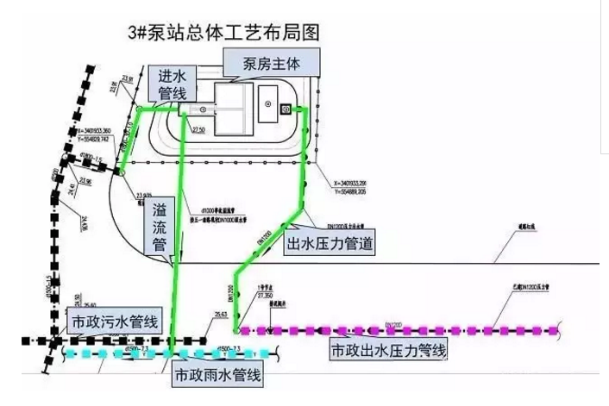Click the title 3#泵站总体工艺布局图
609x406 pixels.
(x=223, y=34)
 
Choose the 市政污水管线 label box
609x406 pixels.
(x=113, y=322)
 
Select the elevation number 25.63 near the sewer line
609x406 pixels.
(x=223, y=315)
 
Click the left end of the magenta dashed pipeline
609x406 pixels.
(x=242, y=330)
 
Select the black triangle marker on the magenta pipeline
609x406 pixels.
(x=271, y=328)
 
